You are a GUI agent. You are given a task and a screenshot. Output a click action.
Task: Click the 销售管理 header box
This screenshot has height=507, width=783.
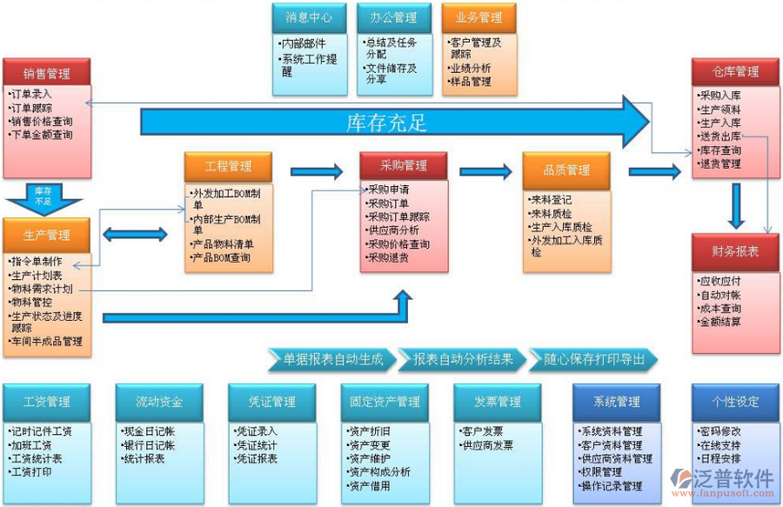click(46, 73)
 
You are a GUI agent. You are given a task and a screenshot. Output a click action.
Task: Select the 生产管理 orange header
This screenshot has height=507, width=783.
click(46, 235)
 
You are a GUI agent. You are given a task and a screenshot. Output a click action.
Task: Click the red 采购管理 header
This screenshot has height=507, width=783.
click(404, 165)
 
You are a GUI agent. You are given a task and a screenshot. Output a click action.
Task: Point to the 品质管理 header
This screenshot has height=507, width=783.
click(566, 170)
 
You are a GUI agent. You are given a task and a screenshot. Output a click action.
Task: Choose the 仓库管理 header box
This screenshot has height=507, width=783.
click(735, 72)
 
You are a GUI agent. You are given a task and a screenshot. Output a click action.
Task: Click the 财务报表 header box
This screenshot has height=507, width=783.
click(735, 251)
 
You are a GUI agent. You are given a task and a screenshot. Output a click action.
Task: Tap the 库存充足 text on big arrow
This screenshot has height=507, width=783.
click(386, 122)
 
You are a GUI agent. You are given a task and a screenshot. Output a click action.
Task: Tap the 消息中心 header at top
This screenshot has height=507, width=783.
click(303, 17)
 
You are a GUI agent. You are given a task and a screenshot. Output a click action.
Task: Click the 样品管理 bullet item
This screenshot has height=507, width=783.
click(471, 82)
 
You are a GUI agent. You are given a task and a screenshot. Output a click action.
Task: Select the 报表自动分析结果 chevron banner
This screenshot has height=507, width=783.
click(463, 359)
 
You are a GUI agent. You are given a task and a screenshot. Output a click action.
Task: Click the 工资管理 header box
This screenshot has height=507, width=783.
click(46, 402)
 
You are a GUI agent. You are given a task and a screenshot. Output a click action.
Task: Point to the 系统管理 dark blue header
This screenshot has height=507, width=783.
click(617, 402)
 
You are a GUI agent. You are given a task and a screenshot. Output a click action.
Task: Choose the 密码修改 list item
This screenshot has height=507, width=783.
click(719, 430)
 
